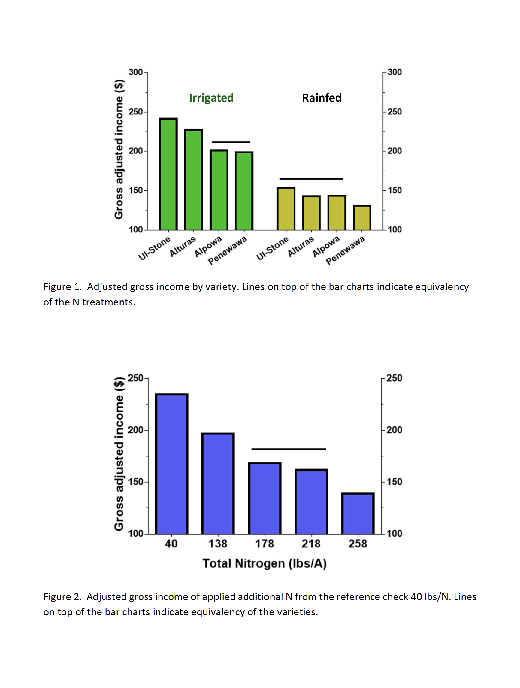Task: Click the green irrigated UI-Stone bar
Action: [x=168, y=174]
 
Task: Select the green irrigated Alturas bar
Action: [x=193, y=180]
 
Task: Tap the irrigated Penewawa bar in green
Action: [x=244, y=191]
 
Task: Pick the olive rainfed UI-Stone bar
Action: [x=286, y=209]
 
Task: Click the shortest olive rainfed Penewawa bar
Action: [x=362, y=218]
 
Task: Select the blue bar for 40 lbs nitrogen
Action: [x=171, y=464]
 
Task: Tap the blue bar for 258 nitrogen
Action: [x=358, y=513]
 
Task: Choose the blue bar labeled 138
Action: [x=218, y=483]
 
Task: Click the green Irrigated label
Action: [x=211, y=98]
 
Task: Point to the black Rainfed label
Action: [x=322, y=98]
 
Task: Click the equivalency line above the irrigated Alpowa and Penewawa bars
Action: [x=231, y=142]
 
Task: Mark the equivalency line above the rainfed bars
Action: [x=311, y=179]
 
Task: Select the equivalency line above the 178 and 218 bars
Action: [x=289, y=449]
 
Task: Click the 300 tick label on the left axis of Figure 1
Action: [x=136, y=72]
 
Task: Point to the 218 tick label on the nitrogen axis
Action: [x=311, y=544]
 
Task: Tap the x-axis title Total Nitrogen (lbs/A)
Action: [x=265, y=564]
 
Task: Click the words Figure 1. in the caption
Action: [x=62, y=287]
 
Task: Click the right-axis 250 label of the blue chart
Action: [x=394, y=378]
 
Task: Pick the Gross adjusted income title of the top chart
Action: [x=119, y=149]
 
